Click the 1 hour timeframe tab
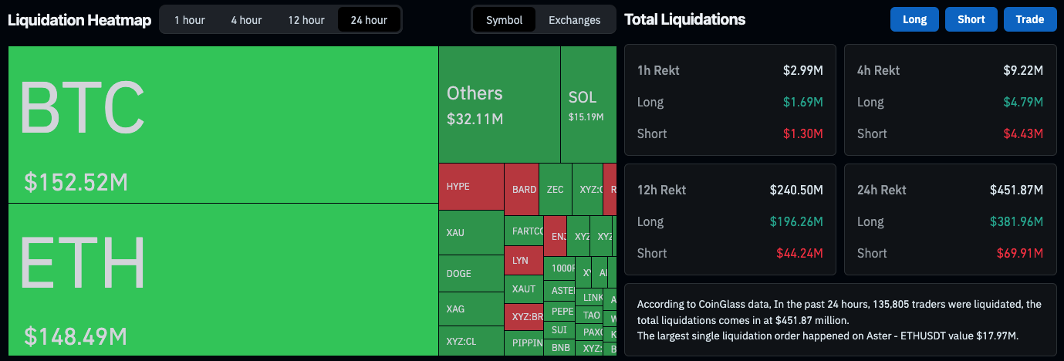click(188, 20)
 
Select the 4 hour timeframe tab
click(246, 20)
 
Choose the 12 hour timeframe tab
click(306, 20)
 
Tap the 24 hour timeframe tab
click(369, 20)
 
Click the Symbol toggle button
click(504, 20)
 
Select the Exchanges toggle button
click(574, 20)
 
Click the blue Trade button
click(1029, 19)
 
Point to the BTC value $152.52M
click(76, 182)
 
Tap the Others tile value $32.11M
click(475, 119)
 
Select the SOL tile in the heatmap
click(586, 104)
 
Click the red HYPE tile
click(471, 186)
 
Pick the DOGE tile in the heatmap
click(471, 273)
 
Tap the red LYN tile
click(522, 261)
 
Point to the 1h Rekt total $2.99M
click(802, 70)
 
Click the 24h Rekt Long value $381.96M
click(1016, 221)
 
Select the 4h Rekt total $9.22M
click(1022, 70)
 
